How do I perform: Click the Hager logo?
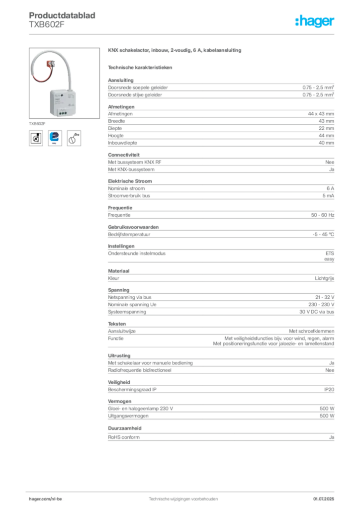tap(314, 21)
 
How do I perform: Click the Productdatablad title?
tap(62, 15)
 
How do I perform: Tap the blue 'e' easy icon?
tap(55, 138)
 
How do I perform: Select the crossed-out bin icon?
tap(36, 138)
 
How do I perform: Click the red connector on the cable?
tap(51, 64)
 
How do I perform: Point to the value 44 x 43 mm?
tap(321, 114)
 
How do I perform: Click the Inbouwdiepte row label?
tap(122, 143)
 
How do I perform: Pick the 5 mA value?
tap(328, 196)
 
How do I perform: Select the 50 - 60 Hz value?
tap(322, 215)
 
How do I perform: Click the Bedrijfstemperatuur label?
tap(129, 235)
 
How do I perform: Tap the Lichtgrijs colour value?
tap(324, 278)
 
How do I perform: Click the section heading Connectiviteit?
tap(124, 155)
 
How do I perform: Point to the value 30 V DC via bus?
tap(317, 312)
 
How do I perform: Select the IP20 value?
tap(329, 390)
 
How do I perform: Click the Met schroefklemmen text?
tap(312, 331)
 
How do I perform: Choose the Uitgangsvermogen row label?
tap(128, 416)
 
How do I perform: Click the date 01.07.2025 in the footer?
tap(324, 499)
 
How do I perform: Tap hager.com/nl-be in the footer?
tap(45, 499)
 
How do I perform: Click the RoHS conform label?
tap(124, 437)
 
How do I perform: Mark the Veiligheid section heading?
tap(119, 382)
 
